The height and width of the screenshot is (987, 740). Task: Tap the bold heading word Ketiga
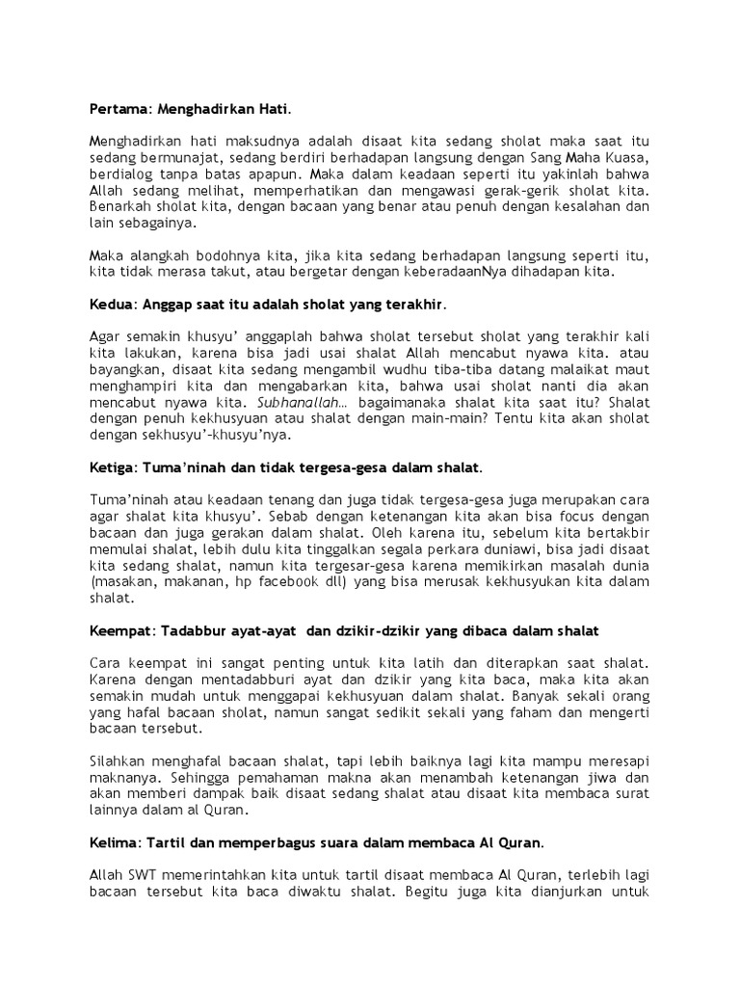click(111, 468)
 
